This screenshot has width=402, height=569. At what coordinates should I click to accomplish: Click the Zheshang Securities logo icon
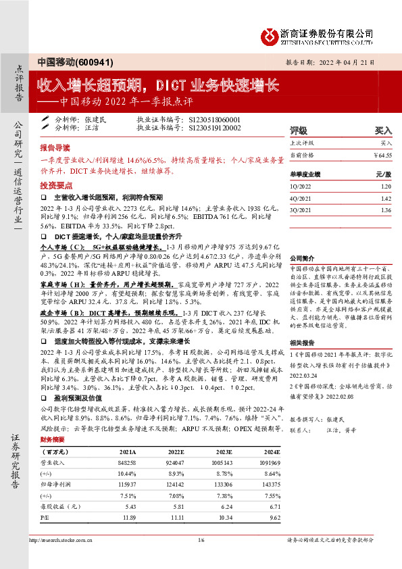(272, 34)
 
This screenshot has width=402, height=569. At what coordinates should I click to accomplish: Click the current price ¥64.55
(383, 155)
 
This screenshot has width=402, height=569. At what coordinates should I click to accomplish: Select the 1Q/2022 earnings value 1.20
(386, 186)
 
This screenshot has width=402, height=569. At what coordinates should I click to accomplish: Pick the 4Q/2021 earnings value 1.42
(386, 198)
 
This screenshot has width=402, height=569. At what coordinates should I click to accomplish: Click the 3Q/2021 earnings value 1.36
(386, 210)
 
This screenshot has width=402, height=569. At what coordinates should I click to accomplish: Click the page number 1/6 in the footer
(201, 558)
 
